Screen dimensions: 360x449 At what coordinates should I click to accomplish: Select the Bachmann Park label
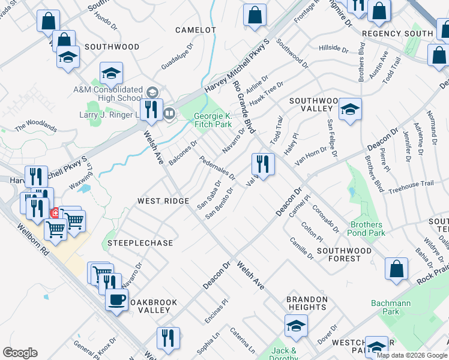pos(391,307)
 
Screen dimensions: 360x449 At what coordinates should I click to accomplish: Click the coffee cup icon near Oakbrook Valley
pos(116,299)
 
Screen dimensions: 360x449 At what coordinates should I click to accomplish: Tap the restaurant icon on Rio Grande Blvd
pos(263,163)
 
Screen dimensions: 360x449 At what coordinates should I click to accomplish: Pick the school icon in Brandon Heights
pos(296,327)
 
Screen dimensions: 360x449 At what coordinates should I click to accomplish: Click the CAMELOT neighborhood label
pos(196,29)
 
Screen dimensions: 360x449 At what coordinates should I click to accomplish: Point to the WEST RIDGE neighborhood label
pos(163,201)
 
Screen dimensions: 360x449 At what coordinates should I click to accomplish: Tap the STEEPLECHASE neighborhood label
pos(140,243)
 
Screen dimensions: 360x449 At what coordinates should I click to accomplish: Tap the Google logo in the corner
pos(20,353)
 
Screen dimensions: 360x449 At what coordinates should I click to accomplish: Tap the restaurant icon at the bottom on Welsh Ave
pos(168,338)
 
